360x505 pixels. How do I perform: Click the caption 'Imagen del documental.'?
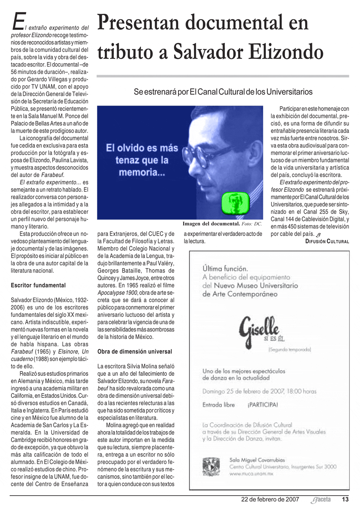click(211, 224)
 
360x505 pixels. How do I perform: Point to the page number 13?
click(345, 500)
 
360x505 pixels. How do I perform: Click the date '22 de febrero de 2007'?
click(270, 500)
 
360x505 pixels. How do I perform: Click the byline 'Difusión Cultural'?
click(327, 242)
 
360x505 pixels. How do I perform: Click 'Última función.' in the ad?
click(225, 269)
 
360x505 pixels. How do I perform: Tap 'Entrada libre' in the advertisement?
click(219, 405)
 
